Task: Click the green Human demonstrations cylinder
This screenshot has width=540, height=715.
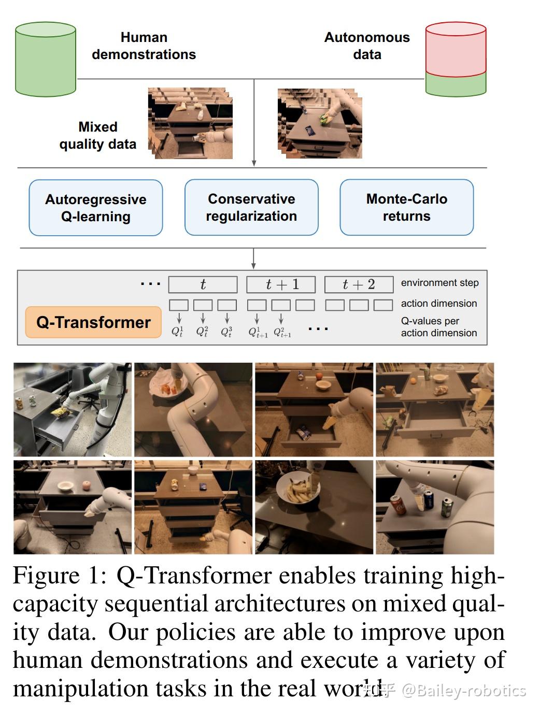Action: tap(46, 59)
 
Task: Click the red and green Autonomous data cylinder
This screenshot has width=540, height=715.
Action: tap(456, 59)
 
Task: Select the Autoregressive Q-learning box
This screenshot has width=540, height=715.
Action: tap(96, 208)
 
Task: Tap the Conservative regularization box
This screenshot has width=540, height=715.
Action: tap(251, 207)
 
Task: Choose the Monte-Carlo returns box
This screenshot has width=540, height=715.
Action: tap(406, 207)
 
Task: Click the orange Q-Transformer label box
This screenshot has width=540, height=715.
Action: tap(93, 322)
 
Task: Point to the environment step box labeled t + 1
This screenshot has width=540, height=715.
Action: tap(281, 284)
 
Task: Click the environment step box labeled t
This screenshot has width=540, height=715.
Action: tap(203, 284)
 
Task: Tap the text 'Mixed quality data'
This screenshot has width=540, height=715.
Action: tap(98, 135)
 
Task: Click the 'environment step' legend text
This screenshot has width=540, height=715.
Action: tap(439, 283)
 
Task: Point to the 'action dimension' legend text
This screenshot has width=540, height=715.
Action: tap(438, 304)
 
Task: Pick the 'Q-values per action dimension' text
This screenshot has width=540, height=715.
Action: tap(438, 327)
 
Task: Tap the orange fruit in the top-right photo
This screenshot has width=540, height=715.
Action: tap(414, 381)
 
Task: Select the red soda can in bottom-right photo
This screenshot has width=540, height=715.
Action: tap(397, 505)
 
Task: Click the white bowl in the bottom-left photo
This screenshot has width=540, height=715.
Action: tap(66, 486)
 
